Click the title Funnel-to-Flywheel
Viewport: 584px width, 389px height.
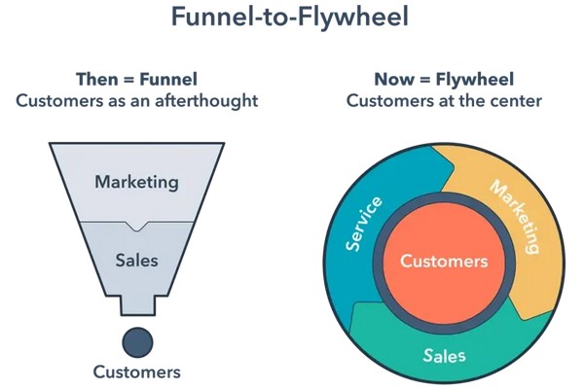pyautogui.click(x=290, y=17)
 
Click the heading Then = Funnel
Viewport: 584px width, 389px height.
pyautogui.click(x=136, y=80)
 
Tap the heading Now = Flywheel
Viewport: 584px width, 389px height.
pyautogui.click(x=444, y=80)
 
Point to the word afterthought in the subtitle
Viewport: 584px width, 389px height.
pyautogui.click(x=206, y=101)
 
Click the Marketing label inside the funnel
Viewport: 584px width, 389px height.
pyautogui.click(x=136, y=183)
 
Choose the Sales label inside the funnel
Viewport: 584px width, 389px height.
pyautogui.click(x=136, y=261)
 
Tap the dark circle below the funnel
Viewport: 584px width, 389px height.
pyautogui.click(x=137, y=342)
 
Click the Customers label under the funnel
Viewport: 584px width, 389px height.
pyautogui.click(x=136, y=371)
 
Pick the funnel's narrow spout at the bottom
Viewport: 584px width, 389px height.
pyautogui.click(x=137, y=305)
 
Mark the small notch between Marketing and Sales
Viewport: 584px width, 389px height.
pyautogui.click(x=137, y=226)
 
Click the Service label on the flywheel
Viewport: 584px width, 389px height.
pyautogui.click(x=363, y=224)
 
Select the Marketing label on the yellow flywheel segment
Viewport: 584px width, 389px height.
pyautogui.click(x=515, y=216)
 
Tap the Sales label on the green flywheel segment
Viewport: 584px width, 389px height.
pyautogui.click(x=444, y=356)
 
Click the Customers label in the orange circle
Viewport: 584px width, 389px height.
pyautogui.click(x=444, y=261)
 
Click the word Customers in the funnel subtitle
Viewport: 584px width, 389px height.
pyautogui.click(x=59, y=101)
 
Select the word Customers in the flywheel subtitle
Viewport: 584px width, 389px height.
pyautogui.click(x=390, y=101)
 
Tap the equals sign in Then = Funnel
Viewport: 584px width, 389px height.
pyautogui.click(x=128, y=80)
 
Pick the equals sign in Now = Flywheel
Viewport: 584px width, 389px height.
pyautogui.click(x=425, y=80)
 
